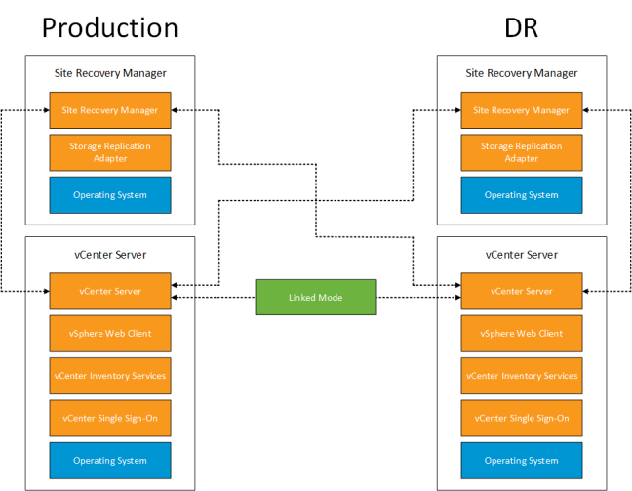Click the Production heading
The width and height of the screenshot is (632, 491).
pos(109,27)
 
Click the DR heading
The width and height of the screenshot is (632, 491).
pos(521,27)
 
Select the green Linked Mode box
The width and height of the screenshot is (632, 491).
pos(315,297)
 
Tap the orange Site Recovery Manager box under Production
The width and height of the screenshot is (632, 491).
pos(109,110)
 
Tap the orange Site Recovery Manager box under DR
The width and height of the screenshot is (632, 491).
pos(521,110)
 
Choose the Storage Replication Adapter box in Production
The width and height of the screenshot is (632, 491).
pos(109,152)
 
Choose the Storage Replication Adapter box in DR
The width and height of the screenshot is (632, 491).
pos(521,152)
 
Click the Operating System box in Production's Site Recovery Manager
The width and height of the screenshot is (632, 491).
pos(109,195)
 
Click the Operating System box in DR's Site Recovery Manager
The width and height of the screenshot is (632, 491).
pos(521,195)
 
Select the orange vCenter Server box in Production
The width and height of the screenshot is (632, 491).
pos(109,291)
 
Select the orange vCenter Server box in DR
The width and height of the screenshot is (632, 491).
pos(521,291)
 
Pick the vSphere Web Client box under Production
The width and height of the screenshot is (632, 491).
pos(109,333)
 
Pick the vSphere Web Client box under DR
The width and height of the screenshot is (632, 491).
pos(521,333)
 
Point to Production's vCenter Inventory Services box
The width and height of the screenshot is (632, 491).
pos(109,376)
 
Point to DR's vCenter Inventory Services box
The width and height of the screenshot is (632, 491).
pos(521,376)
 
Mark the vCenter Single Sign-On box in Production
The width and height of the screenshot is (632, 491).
pos(109,418)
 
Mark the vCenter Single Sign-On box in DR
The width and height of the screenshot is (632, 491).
pos(521,418)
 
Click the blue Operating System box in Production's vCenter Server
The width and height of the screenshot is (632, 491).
pos(109,461)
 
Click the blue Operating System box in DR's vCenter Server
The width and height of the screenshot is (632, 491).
pos(521,461)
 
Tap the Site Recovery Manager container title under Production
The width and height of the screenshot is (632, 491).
pos(109,73)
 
